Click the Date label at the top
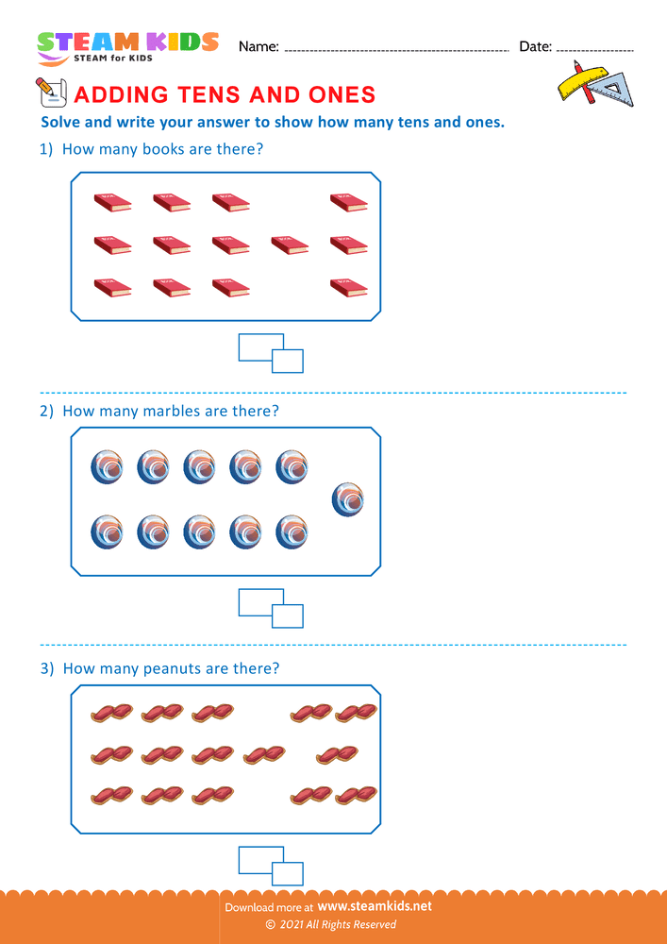tap(535, 46)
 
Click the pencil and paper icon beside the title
tap(49, 93)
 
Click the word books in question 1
tap(164, 149)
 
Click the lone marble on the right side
tap(348, 499)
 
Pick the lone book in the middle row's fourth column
tap(290, 244)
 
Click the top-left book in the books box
tap(113, 201)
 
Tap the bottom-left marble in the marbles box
tap(108, 532)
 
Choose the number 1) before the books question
tap(46, 149)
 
